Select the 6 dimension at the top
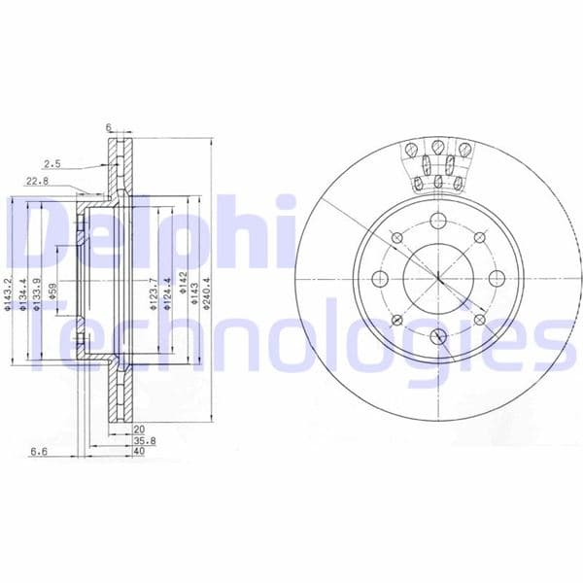pos(110,127)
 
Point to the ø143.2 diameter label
pos(9,295)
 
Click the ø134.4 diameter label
pos(22,295)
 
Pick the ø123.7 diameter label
pos(153,295)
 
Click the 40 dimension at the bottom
pos(139,450)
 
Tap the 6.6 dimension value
pos(40,451)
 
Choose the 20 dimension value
pos(139,428)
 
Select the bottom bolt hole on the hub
pos(437,336)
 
